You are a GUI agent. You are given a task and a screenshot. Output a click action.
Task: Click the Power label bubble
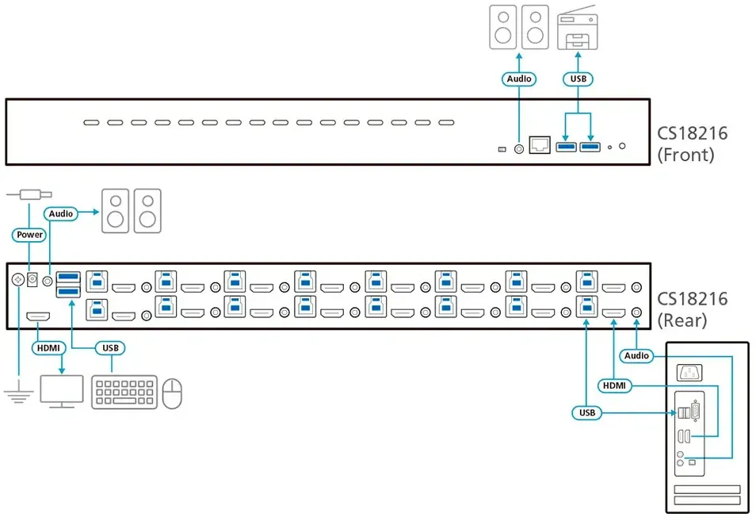[x=29, y=235]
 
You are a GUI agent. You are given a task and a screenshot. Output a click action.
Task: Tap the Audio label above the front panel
[x=519, y=79]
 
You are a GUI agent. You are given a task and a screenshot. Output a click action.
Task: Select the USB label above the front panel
[x=578, y=79]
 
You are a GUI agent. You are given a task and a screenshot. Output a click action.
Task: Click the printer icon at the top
[x=578, y=28]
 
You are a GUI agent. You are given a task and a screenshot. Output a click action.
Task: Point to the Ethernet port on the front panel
[x=540, y=144]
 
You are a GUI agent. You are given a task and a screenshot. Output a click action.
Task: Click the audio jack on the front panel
[x=519, y=149]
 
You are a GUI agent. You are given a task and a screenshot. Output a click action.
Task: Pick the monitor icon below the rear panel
[x=62, y=392]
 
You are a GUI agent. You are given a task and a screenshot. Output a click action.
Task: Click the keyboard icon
[x=124, y=393]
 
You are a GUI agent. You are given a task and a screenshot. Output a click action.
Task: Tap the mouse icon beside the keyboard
[x=172, y=393]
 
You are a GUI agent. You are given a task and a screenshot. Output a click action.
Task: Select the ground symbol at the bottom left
[x=18, y=391]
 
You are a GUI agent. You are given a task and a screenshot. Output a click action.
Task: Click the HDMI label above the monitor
[x=48, y=348]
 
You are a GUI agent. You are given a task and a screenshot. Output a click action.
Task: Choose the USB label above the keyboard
[x=110, y=348]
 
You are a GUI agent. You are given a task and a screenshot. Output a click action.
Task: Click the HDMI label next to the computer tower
[x=614, y=385]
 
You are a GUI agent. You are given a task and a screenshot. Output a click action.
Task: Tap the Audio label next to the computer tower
[x=636, y=355]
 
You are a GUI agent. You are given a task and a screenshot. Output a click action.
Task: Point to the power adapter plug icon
[x=29, y=194]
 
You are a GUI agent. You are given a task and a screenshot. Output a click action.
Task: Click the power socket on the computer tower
[x=689, y=373]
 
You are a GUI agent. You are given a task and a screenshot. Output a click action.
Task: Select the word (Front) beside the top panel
[x=685, y=155]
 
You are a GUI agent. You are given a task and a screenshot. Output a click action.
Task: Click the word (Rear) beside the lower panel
[x=682, y=320]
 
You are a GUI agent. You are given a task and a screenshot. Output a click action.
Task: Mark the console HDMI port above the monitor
[x=37, y=316]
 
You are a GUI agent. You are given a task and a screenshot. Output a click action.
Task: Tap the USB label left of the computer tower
[x=586, y=412]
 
